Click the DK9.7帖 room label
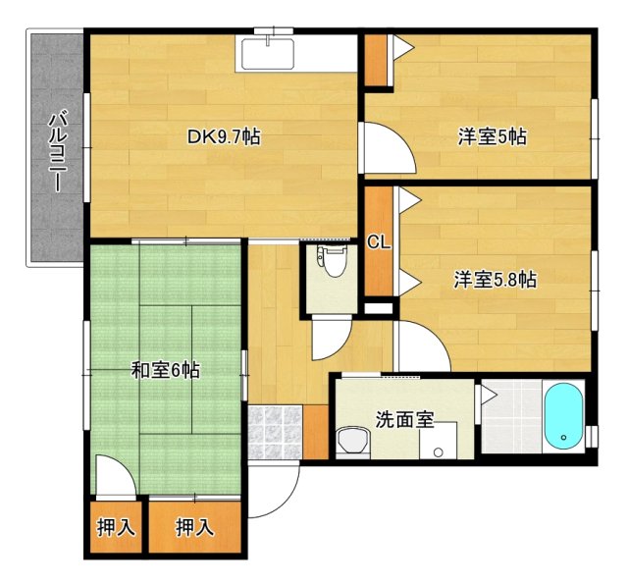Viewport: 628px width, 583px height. (224, 137)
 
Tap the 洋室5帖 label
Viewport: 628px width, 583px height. (491, 137)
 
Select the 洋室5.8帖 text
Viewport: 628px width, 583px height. (494, 280)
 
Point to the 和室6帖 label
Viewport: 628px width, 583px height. (166, 370)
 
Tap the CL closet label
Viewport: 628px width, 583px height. (379, 242)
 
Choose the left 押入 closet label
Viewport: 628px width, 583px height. (116, 528)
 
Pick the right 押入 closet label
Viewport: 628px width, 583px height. (193, 528)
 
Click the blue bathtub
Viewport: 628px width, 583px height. (563, 415)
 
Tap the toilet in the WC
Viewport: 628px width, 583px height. (332, 263)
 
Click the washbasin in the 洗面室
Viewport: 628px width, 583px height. (351, 442)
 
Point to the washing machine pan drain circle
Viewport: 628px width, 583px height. (438, 452)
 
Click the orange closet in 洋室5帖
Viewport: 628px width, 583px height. (376, 62)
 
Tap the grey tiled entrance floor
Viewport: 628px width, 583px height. (275, 432)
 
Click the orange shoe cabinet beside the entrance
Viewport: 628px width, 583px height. (315, 430)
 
